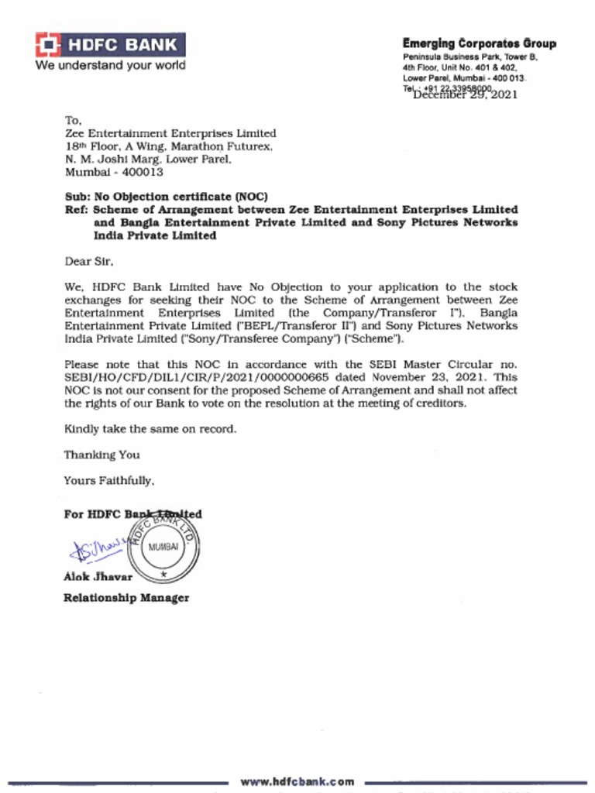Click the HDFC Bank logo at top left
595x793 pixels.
[x=109, y=45]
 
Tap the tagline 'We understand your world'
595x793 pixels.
[x=109, y=66]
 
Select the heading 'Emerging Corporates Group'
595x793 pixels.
[x=479, y=44]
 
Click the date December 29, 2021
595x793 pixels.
[x=466, y=95]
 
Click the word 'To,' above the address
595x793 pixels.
[x=73, y=121]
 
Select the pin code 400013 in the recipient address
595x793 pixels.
[x=142, y=172]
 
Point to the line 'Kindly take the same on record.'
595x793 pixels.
[x=150, y=429]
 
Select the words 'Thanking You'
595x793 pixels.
[x=101, y=455]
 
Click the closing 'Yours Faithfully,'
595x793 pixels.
[x=109, y=481]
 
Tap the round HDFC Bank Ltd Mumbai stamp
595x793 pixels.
[x=163, y=547]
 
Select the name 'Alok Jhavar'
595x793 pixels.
[x=98, y=576]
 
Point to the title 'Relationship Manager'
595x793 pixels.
[x=126, y=598]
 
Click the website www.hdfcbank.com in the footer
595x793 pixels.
[x=297, y=781]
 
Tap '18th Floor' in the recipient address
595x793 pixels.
[x=91, y=146]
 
